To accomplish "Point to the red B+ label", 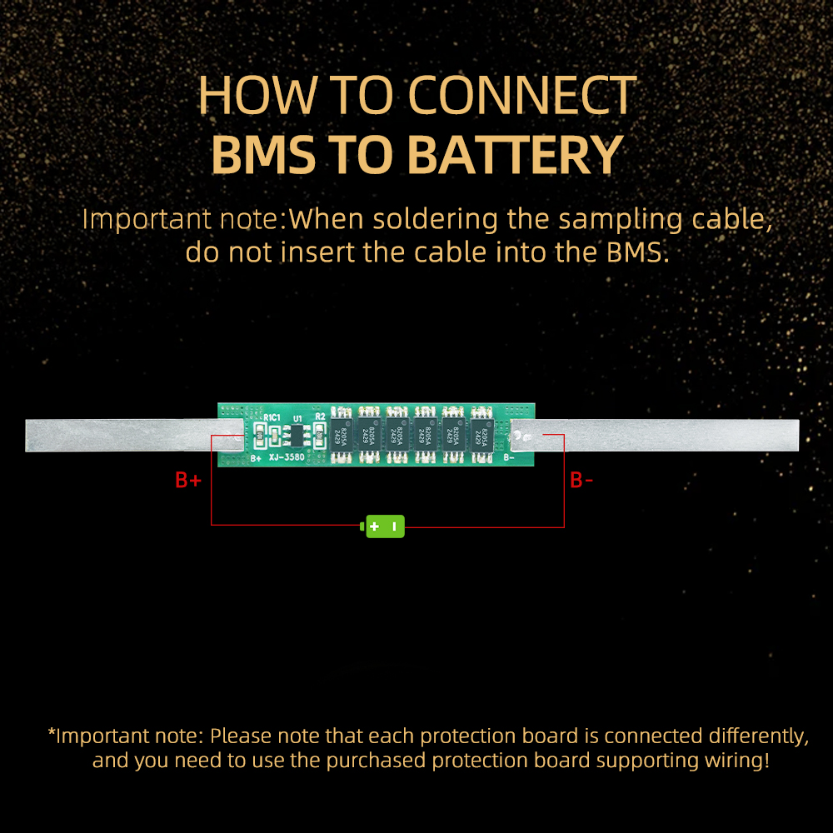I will (x=188, y=481).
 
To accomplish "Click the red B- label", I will (x=581, y=481).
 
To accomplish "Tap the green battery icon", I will (x=383, y=526).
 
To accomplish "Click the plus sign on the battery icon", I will (x=374, y=526).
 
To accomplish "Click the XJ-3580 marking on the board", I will (x=286, y=457).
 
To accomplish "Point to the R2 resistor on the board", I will (x=320, y=434).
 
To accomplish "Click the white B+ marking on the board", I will (x=257, y=458).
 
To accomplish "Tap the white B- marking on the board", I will (x=509, y=457).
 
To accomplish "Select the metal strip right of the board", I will (x=666, y=435).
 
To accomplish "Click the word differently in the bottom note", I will (x=759, y=736).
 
